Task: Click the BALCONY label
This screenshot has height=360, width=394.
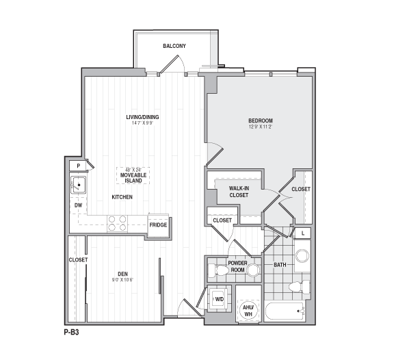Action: click(174, 46)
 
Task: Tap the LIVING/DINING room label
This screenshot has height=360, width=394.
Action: click(142, 117)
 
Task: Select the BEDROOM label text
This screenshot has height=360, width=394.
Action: click(260, 121)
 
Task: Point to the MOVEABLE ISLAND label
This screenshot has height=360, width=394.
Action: click(132, 178)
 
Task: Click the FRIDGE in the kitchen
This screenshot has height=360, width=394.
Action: click(158, 225)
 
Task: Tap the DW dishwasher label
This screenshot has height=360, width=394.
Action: click(78, 205)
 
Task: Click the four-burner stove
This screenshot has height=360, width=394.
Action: click(117, 224)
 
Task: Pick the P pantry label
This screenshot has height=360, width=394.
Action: click(79, 166)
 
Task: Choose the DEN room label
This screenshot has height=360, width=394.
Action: click(122, 274)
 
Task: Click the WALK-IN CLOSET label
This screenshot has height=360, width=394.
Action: click(238, 192)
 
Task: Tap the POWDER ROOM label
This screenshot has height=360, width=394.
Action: click(237, 266)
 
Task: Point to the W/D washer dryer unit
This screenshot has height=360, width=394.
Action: click(220, 299)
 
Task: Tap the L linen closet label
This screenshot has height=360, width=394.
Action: click(302, 233)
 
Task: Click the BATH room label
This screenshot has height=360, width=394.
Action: click(280, 265)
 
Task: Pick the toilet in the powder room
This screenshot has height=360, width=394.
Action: click(220, 271)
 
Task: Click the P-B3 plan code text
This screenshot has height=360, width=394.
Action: click(70, 331)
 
